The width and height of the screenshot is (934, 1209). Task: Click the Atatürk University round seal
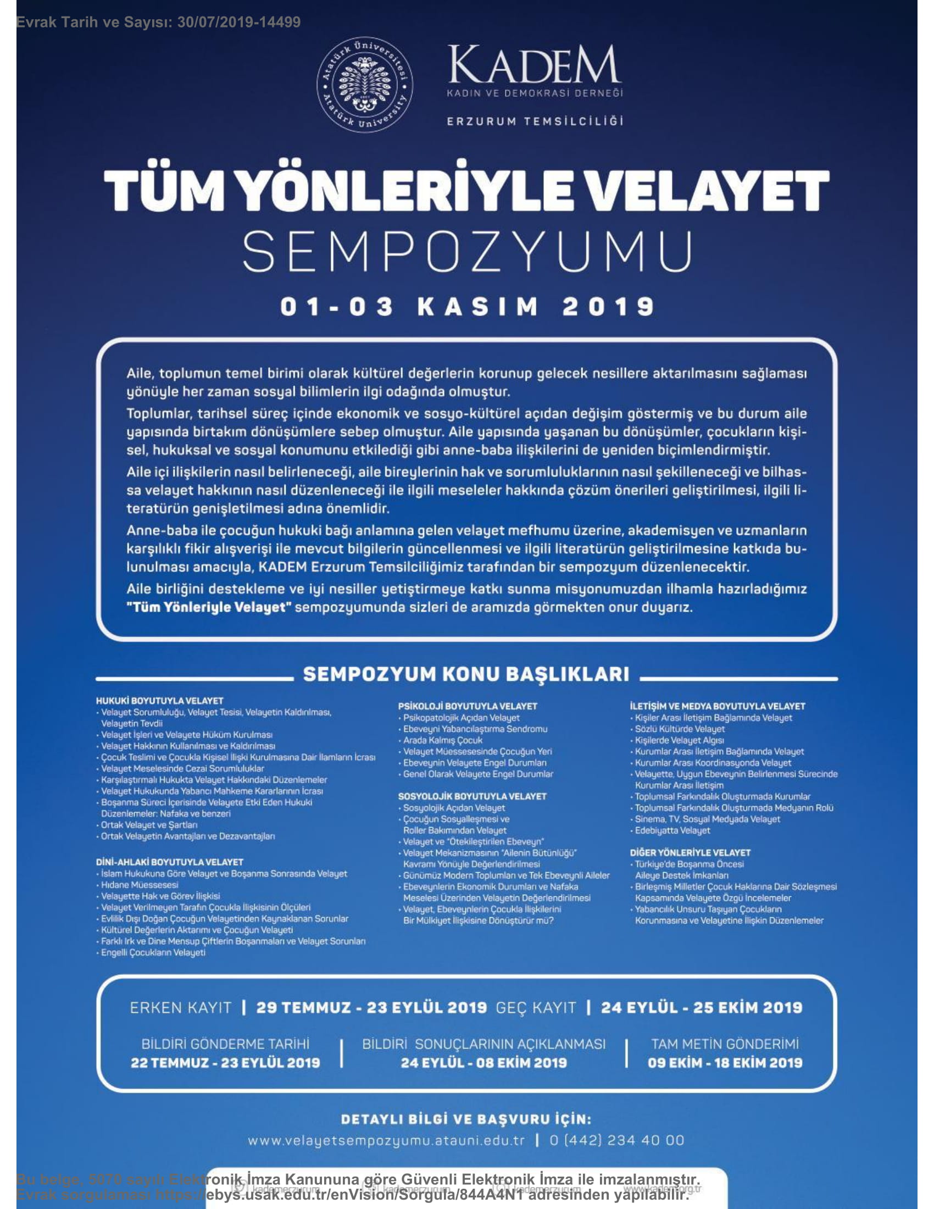click(365, 86)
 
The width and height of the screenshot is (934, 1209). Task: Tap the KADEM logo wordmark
click(535, 65)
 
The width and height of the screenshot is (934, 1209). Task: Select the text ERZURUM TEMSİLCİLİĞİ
click(535, 121)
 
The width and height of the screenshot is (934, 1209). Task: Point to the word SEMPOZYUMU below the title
click(468, 252)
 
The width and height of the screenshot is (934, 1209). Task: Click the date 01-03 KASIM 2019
click(468, 307)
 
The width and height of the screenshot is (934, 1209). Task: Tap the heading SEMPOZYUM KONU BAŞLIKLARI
click(466, 674)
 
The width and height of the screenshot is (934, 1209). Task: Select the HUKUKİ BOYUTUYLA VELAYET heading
click(159, 701)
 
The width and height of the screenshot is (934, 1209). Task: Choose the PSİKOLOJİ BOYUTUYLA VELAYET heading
click(468, 706)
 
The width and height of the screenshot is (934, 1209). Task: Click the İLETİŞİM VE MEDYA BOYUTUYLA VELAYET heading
click(717, 706)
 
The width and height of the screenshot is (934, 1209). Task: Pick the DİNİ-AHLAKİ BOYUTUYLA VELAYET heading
click(169, 862)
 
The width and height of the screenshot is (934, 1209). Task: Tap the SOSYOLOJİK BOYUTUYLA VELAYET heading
click(472, 796)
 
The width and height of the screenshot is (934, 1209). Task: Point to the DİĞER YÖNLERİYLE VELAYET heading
click(690, 852)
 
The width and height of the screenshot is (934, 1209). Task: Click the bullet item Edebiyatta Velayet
click(672, 830)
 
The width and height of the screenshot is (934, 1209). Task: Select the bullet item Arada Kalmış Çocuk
click(443, 740)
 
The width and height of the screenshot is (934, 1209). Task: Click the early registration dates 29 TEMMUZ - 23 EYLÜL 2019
click(371, 1007)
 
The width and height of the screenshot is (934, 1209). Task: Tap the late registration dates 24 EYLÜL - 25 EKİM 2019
click(701, 1007)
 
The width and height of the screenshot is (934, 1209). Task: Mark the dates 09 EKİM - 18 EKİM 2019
click(725, 1062)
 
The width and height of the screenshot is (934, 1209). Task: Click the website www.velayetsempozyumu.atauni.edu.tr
click(386, 1140)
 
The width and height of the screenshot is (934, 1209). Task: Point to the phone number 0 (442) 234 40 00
click(616, 1140)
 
